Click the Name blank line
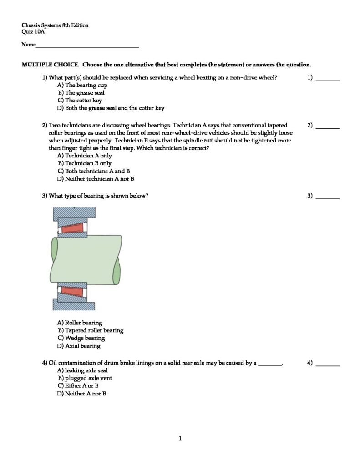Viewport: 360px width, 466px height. (87, 46)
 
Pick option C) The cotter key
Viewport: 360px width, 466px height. (80, 101)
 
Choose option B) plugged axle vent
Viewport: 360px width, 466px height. (85, 378)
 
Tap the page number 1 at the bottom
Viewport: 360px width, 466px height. (181, 439)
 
